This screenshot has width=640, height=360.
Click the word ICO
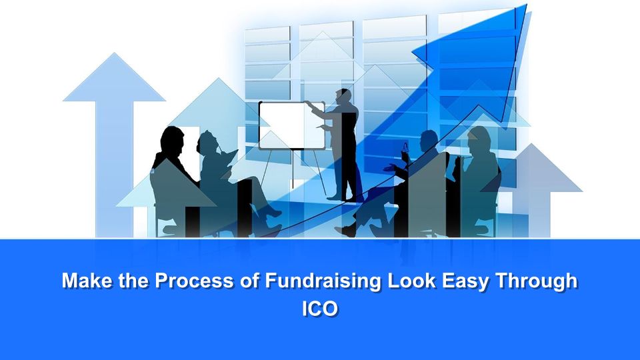(320, 309)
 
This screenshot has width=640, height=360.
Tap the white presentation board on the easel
(292, 125)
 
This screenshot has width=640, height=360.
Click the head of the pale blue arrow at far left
(114, 77)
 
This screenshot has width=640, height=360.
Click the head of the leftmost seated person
(172, 141)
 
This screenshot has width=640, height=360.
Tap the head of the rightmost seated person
(479, 141)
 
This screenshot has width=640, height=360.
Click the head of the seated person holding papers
(207, 143)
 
